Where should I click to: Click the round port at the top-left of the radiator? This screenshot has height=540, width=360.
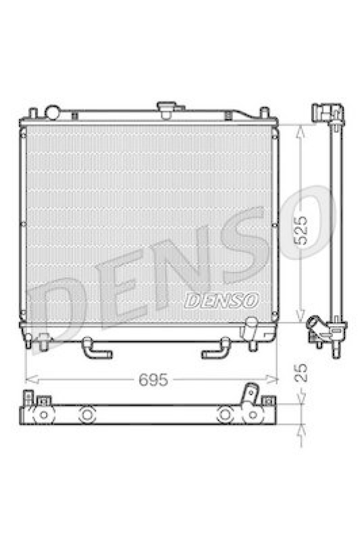pos(52,112)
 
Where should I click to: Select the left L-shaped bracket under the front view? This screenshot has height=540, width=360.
pos(95,349)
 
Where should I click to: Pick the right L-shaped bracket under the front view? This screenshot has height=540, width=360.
pos(216,349)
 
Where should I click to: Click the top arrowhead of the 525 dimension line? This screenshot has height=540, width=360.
pos(302,130)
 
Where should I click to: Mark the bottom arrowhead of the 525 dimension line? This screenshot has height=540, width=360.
pos(302,319)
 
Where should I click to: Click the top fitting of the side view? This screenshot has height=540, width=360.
pos(328,113)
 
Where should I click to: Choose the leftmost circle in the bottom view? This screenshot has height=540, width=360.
pos(43,413)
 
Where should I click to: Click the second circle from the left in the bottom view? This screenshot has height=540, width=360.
pos(86,415)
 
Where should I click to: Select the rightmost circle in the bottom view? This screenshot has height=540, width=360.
pos(251,414)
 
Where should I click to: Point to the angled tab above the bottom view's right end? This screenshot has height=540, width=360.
pos(251,393)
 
